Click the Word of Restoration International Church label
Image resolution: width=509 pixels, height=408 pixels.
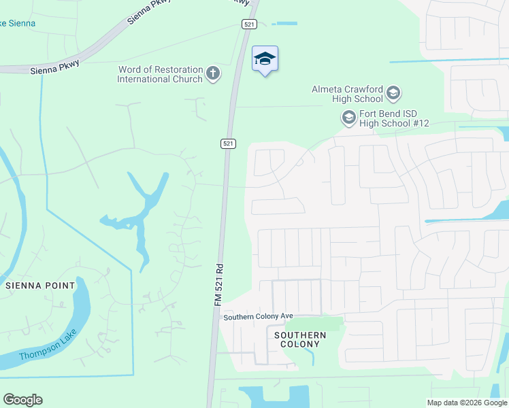click(x=160, y=74)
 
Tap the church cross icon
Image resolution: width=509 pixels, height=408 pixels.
click(x=213, y=73)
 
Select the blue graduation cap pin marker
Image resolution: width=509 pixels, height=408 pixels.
click(x=265, y=59)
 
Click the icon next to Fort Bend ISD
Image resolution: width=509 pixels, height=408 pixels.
click(x=349, y=118)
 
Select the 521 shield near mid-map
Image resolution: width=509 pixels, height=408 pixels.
click(x=228, y=143)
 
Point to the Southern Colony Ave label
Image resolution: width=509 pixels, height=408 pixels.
click(x=258, y=317)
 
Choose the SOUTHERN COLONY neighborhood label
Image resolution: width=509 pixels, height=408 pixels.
click(x=300, y=339)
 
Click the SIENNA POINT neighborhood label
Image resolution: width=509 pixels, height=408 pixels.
click(x=39, y=286)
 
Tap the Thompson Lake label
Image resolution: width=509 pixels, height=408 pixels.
click(x=48, y=349)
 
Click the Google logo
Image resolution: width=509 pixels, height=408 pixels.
click(x=22, y=400)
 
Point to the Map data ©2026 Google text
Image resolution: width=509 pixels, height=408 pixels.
click(x=466, y=403)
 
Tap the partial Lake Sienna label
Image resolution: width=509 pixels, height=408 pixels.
click(x=18, y=24)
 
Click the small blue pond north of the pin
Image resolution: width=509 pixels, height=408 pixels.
click(x=285, y=24)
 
